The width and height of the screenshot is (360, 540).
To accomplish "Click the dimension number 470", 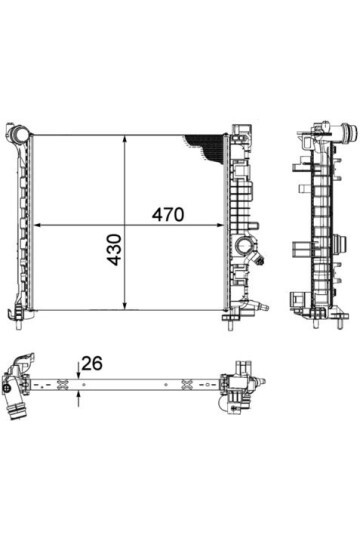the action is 168,215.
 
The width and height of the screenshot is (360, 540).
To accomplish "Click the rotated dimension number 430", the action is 114,250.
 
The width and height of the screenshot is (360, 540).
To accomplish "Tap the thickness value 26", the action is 92,364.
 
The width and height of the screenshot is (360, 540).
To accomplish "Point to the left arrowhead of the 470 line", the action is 38,225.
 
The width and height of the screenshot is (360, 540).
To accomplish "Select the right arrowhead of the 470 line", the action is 220,225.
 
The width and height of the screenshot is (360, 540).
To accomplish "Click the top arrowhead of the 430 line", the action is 125,139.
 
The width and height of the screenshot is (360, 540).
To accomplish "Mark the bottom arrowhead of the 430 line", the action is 125,305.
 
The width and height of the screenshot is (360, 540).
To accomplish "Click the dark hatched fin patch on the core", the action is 208,147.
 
